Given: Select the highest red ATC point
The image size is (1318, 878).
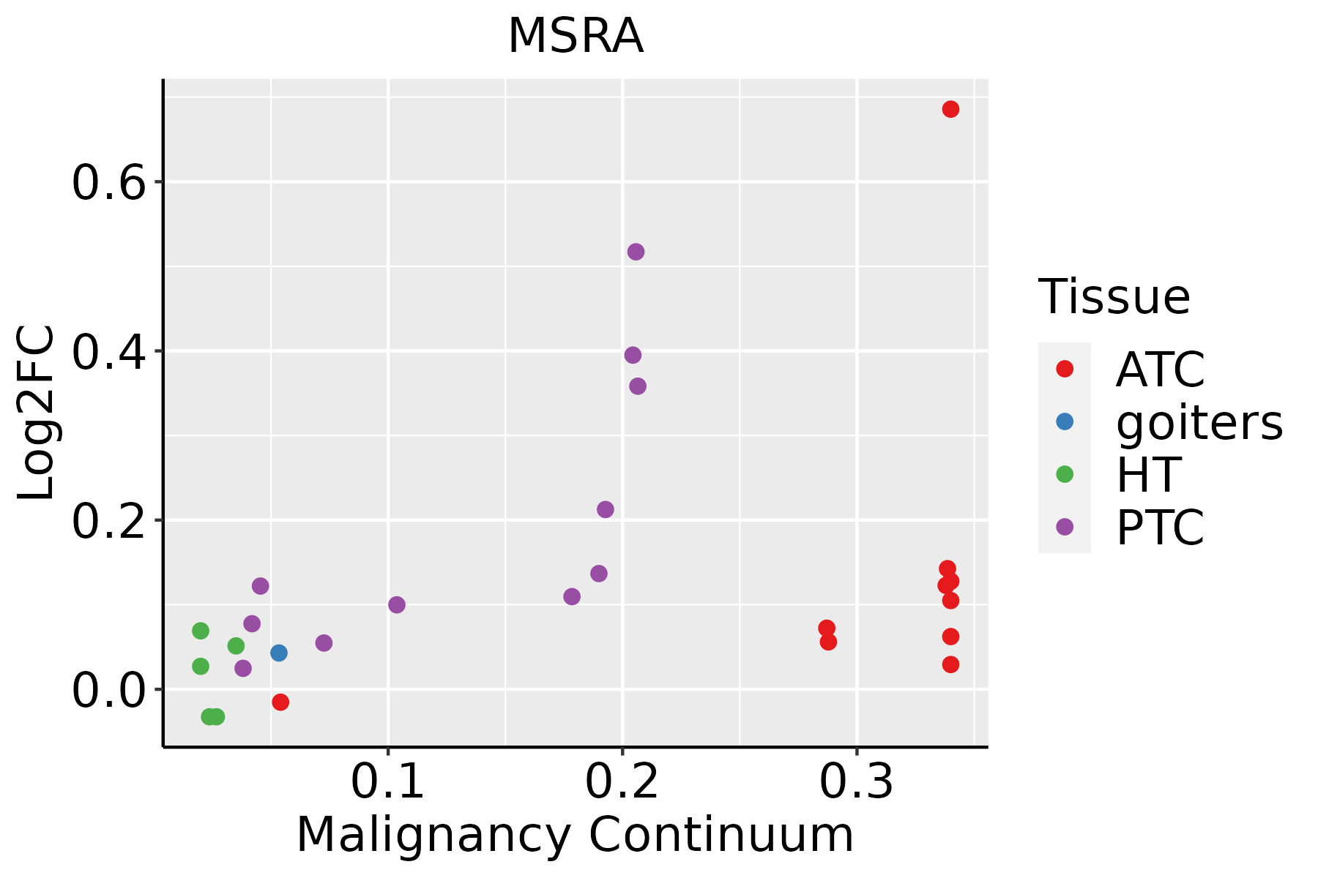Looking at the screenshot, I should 950,110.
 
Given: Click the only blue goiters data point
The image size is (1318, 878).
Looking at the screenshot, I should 278,653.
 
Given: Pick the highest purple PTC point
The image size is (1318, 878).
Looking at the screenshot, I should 636,252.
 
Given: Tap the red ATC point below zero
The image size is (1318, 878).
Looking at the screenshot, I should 280,702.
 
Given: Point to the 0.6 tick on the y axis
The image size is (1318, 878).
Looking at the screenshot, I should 108,183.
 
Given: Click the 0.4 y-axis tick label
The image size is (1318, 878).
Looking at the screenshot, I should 108,352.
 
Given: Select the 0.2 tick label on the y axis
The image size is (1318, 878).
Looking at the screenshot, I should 108,521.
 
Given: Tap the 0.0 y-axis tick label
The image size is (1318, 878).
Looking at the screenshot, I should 108,690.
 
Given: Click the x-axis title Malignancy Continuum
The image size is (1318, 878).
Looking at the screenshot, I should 575,834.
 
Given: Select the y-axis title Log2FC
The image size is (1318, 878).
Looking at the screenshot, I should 37,413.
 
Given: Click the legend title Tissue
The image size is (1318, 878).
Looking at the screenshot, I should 1114,297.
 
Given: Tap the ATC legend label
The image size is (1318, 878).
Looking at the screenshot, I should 1160,369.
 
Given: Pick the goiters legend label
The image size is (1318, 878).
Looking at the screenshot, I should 1199,422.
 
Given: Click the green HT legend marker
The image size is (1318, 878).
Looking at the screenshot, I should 1065,474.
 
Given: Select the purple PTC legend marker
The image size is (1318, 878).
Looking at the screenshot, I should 1065,527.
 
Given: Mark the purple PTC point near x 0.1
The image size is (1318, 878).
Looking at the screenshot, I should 397,604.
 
